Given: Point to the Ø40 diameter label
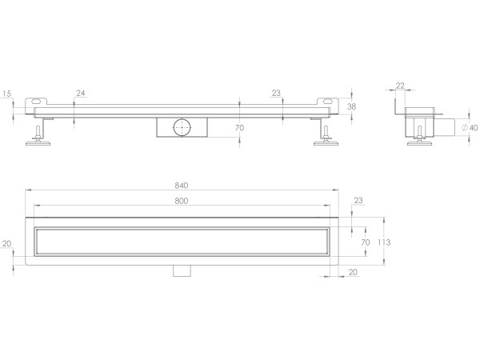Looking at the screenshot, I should point(470,127).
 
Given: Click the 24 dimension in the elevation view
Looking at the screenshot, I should point(80,94).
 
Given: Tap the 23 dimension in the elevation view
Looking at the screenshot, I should point(276,94).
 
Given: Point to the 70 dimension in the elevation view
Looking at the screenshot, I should point(239,128).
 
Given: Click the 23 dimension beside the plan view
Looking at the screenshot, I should point(358,201).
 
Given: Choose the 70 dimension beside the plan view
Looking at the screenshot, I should point(365,241).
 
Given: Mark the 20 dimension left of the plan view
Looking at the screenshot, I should point(7,244).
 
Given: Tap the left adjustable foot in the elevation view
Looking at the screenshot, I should point(39,137).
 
